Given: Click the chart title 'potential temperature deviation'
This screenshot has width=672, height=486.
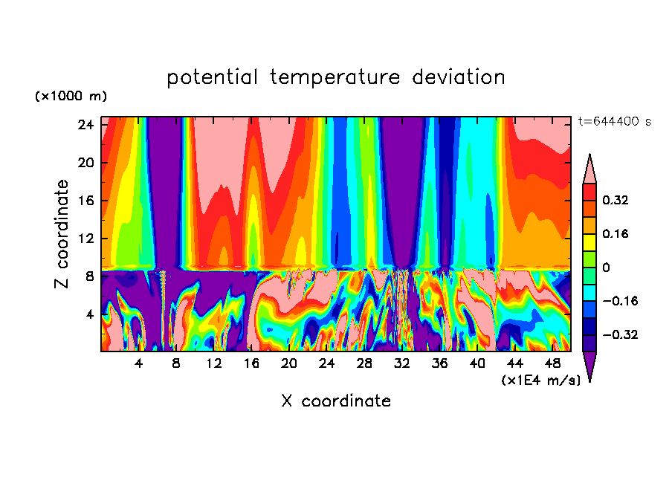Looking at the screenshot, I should (x=336, y=77).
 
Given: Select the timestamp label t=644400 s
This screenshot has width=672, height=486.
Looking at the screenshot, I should (x=614, y=122).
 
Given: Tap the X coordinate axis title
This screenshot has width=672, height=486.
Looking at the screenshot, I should (x=336, y=401).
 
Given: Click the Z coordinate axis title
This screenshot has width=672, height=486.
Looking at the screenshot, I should (x=62, y=234).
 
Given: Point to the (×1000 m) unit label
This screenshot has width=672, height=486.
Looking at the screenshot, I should (x=71, y=97).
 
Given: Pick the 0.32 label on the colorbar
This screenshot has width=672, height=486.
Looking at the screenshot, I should (x=616, y=200).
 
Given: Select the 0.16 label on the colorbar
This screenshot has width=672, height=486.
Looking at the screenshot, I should (x=616, y=233).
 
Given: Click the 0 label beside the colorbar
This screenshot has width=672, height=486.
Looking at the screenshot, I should (x=606, y=268).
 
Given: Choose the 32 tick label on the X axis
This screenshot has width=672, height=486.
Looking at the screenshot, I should (x=402, y=363).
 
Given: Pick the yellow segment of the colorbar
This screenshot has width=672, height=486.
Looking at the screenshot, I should (x=589, y=242).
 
